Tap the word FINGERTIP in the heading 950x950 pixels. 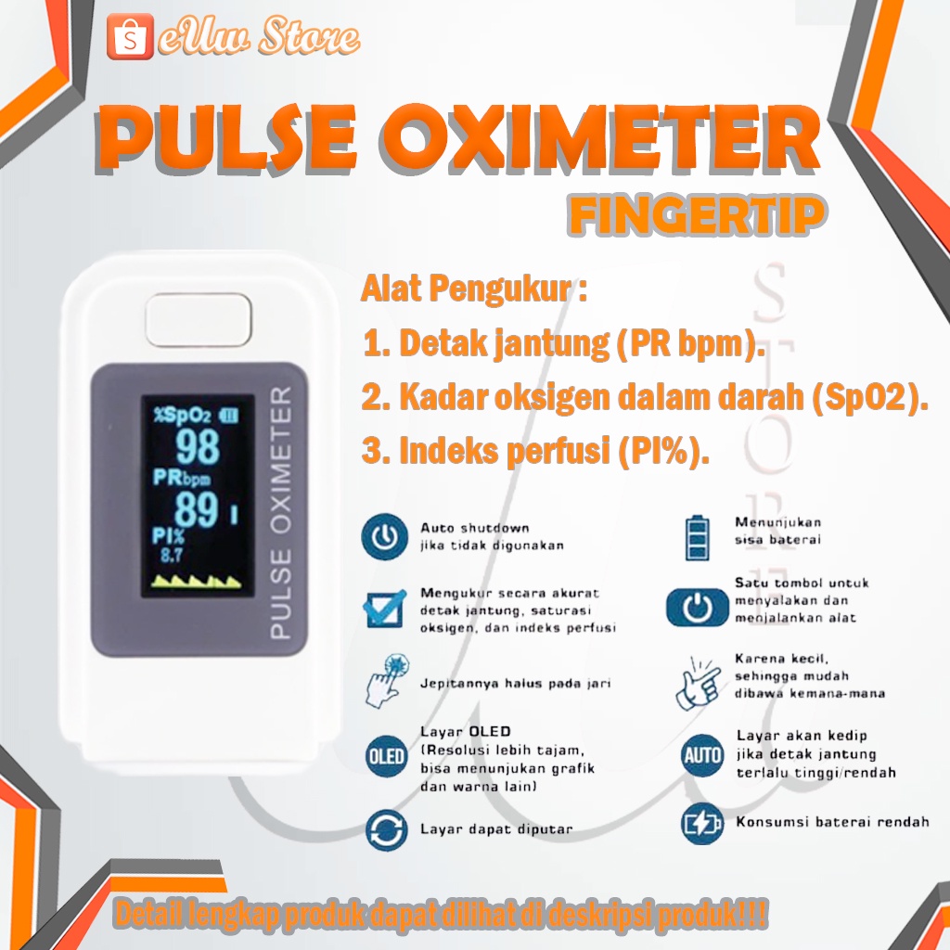[x=696, y=215]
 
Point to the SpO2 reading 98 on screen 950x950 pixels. [x=197, y=447]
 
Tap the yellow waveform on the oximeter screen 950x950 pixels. [x=197, y=582]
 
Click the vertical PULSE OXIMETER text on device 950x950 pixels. [x=280, y=513]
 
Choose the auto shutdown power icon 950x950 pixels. [x=384, y=537]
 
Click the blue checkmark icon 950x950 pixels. [x=384, y=608]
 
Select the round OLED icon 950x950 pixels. [x=384, y=755]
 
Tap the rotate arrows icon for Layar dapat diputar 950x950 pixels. [x=384, y=828]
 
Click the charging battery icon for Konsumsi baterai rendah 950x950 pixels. [x=701, y=823]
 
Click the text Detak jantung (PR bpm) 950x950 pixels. [x=564, y=344]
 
